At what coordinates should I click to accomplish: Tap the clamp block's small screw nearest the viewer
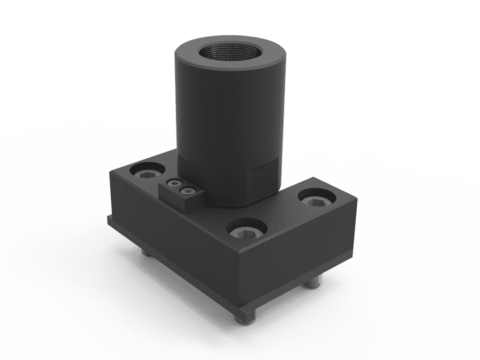187,189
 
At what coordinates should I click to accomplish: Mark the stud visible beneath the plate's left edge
144,254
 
